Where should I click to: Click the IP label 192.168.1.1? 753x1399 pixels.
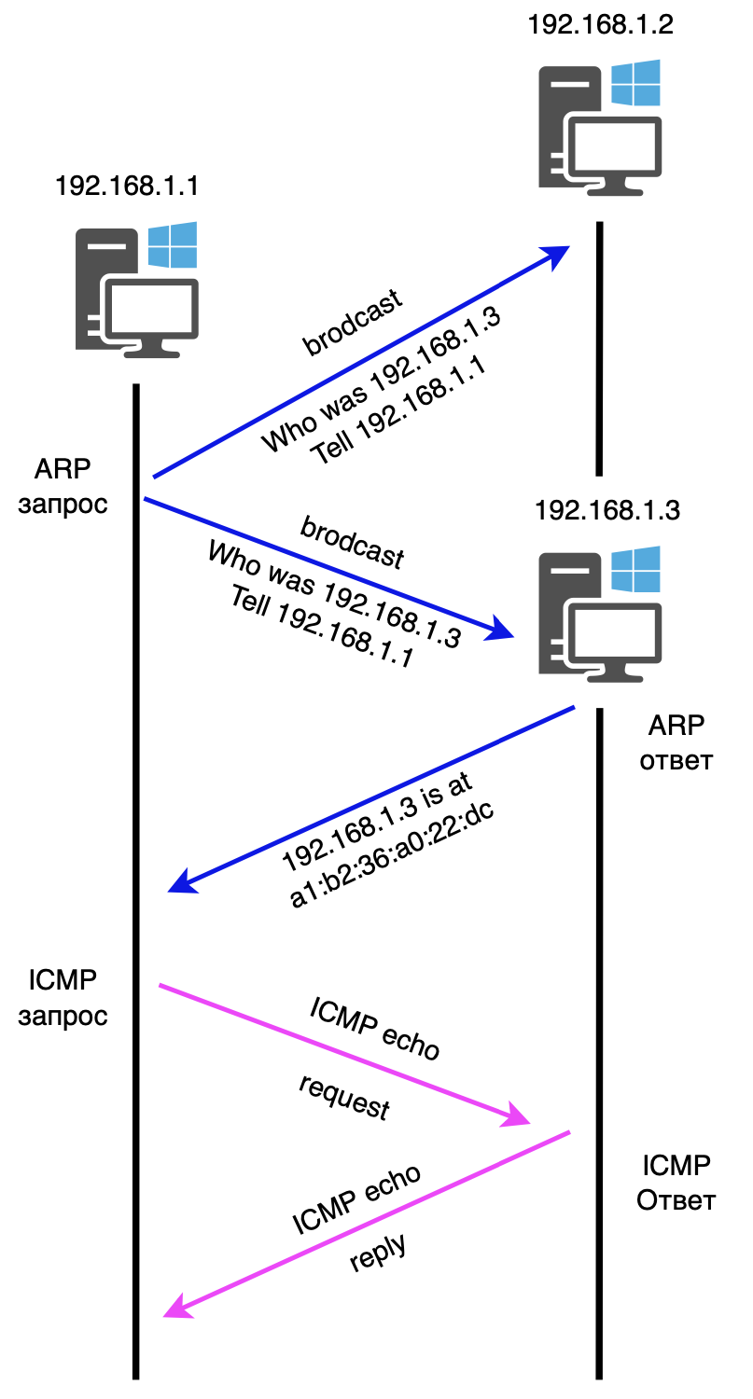point(127,186)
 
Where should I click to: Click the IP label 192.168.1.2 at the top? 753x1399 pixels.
point(599,24)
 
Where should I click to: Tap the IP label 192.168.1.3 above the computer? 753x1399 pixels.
point(607,510)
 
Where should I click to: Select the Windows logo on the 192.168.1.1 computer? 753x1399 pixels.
point(173,245)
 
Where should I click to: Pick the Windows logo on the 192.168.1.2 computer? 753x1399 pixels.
point(635,83)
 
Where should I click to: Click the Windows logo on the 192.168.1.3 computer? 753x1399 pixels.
point(635,570)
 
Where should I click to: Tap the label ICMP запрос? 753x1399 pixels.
point(63,997)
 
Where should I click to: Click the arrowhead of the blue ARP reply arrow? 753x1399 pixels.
point(180,881)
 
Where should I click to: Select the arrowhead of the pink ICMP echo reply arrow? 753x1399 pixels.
point(176,1309)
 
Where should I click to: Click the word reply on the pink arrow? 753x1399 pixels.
point(379,1254)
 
